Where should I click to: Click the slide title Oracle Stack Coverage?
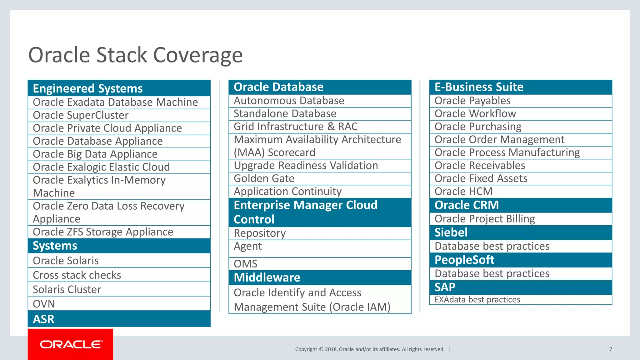[135, 55]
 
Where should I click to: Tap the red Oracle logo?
[71, 344]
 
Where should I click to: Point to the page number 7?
[610, 349]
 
